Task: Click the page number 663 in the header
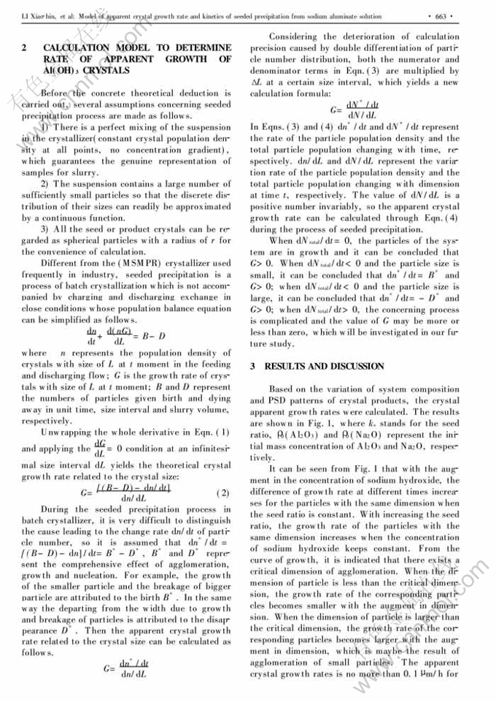(444, 14)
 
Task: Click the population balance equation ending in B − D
(120, 335)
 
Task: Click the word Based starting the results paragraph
(283, 389)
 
